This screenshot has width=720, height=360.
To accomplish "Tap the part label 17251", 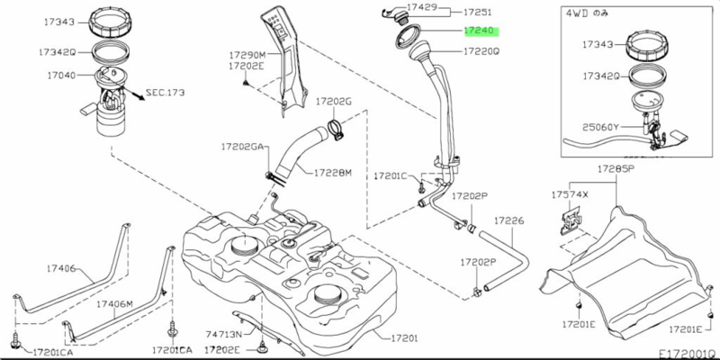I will click(x=477, y=13).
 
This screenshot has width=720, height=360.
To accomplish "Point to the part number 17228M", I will click(x=333, y=172).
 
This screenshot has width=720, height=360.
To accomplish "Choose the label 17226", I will click(x=508, y=220).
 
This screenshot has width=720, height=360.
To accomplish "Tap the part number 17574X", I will click(x=570, y=193).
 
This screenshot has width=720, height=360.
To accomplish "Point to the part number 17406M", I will click(x=115, y=304).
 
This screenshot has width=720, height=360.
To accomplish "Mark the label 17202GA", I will click(x=244, y=145).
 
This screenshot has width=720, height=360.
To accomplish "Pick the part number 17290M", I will click(x=246, y=55).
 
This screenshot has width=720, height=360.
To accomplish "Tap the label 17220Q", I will click(x=481, y=52).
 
